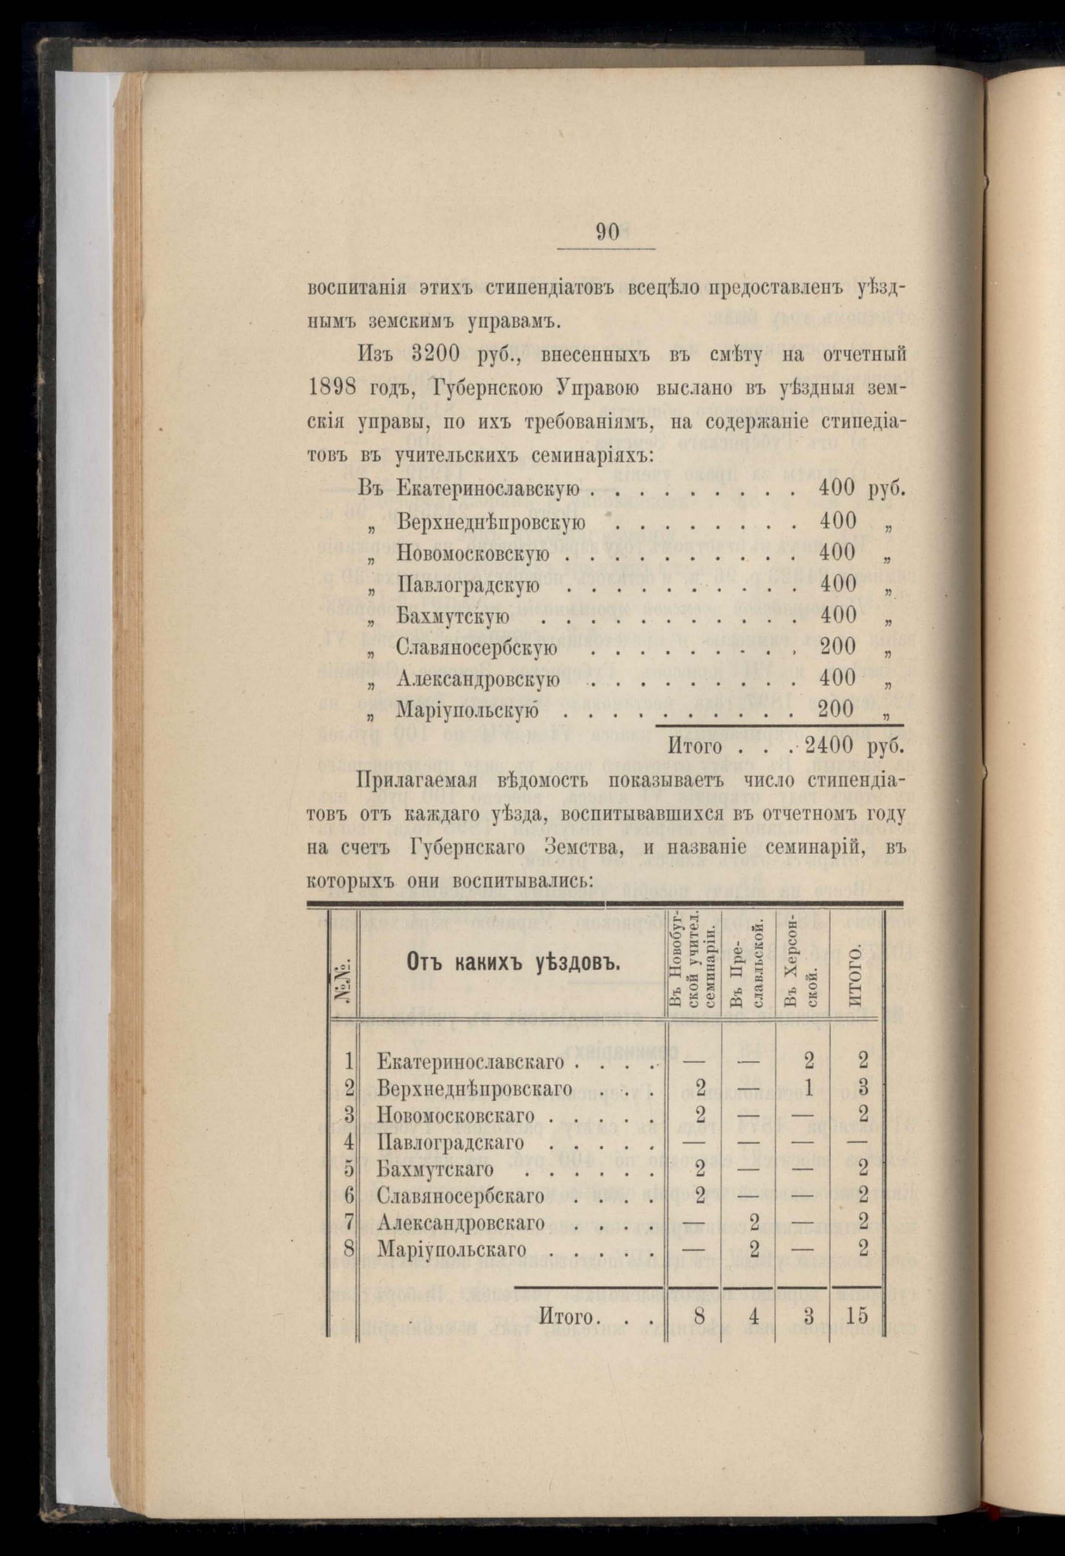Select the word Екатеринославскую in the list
[x=488, y=489]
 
